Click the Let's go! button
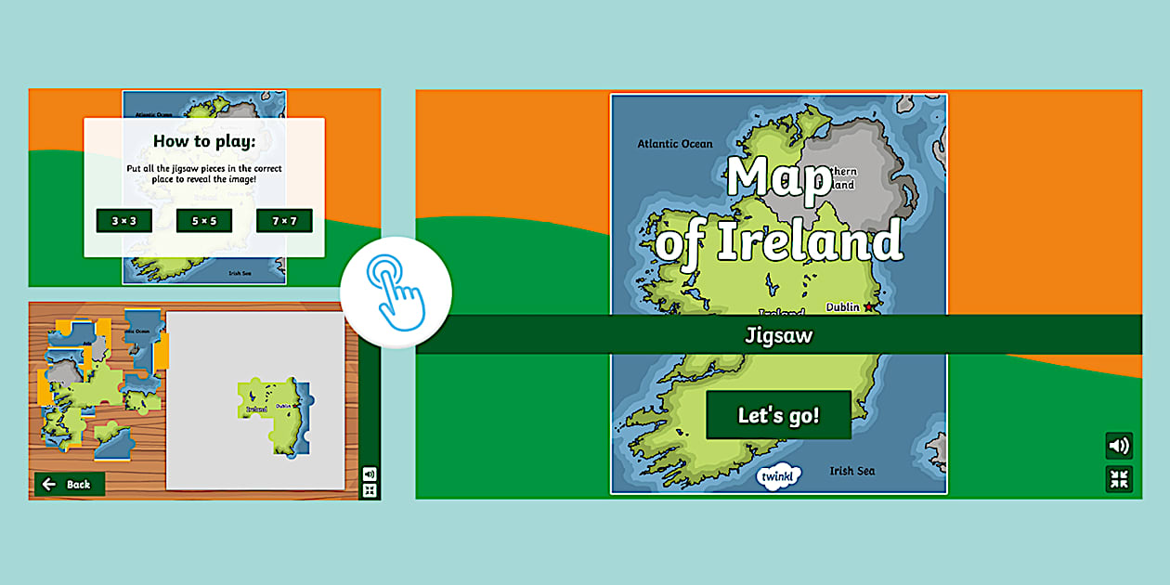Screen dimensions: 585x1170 [x=778, y=415]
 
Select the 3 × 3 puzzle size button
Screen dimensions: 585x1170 [x=123, y=220]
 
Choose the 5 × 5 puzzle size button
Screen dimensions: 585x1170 [x=203, y=220]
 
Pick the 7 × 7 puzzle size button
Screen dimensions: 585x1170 [x=284, y=220]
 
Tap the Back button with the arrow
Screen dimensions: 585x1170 [x=69, y=484]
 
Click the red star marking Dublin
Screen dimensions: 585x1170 [x=869, y=307]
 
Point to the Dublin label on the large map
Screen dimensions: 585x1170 [x=843, y=307]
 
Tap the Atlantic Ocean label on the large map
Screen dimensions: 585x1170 [x=675, y=144]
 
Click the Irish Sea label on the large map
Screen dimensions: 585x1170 [x=851, y=471]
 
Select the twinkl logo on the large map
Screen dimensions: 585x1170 [x=778, y=476]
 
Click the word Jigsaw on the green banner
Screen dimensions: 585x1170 [x=778, y=335]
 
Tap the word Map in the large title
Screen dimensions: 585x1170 [x=778, y=179]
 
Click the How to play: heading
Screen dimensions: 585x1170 [x=204, y=141]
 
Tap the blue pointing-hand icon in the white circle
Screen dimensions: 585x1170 [x=396, y=292]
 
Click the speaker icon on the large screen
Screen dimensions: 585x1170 [x=1119, y=446]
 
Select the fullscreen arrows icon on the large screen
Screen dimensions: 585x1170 [x=1119, y=479]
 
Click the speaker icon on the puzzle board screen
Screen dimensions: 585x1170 [x=370, y=474]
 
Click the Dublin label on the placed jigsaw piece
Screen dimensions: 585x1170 [x=284, y=406]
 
